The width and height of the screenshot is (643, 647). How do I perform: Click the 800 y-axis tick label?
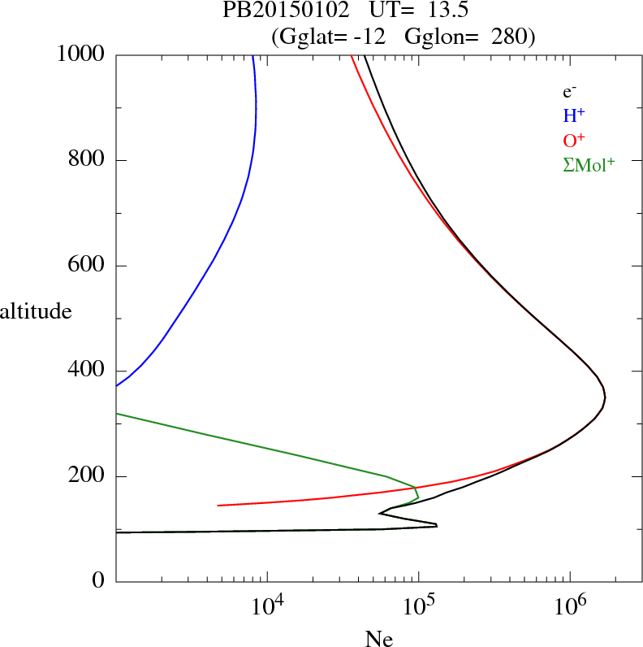86,160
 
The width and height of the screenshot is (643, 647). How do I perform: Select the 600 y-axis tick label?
86,266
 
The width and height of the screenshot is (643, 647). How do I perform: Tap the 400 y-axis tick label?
86,371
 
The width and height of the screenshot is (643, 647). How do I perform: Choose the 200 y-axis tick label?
86,476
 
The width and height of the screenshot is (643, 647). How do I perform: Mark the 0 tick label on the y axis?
99,582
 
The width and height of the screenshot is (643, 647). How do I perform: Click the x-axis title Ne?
378,639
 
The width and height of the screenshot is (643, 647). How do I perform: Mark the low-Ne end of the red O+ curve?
218,506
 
